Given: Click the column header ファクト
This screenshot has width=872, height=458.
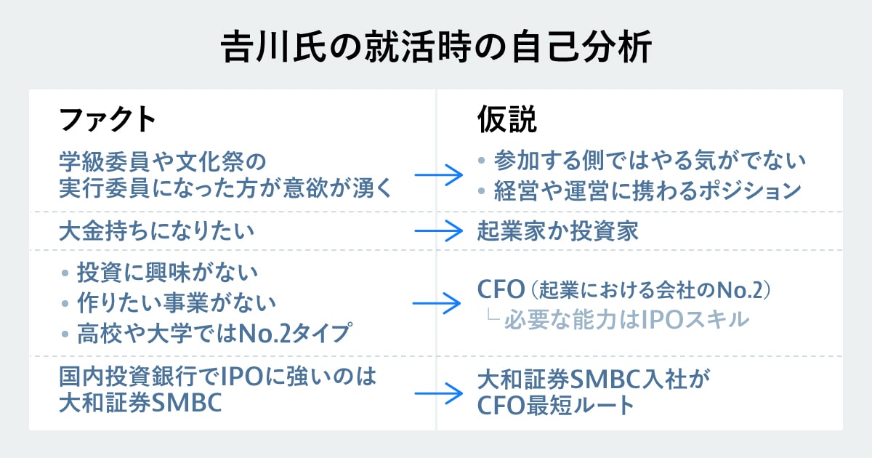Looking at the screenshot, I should click(107, 120).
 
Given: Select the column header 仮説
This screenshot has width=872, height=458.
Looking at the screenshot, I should click(506, 120).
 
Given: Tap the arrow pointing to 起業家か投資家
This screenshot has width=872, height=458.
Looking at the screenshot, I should click(439, 231).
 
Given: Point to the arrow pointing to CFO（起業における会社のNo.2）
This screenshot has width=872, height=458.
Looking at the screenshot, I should click(437, 303).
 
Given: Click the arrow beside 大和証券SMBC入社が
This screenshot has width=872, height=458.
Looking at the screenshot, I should click(439, 393).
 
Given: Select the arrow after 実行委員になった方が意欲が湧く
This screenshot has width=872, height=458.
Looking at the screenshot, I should click(439, 175).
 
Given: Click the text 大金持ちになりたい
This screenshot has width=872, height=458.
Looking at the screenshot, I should click(157, 231).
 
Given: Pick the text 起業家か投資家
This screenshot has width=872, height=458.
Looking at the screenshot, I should click(558, 231).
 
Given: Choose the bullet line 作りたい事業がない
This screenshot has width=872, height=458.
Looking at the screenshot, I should click(177, 303).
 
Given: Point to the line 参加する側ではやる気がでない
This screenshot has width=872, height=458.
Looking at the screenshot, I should click(650, 159).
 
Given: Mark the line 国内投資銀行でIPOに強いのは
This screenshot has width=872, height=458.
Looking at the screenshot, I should click(218, 378).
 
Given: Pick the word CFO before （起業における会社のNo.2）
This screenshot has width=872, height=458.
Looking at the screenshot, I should click(501, 289).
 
